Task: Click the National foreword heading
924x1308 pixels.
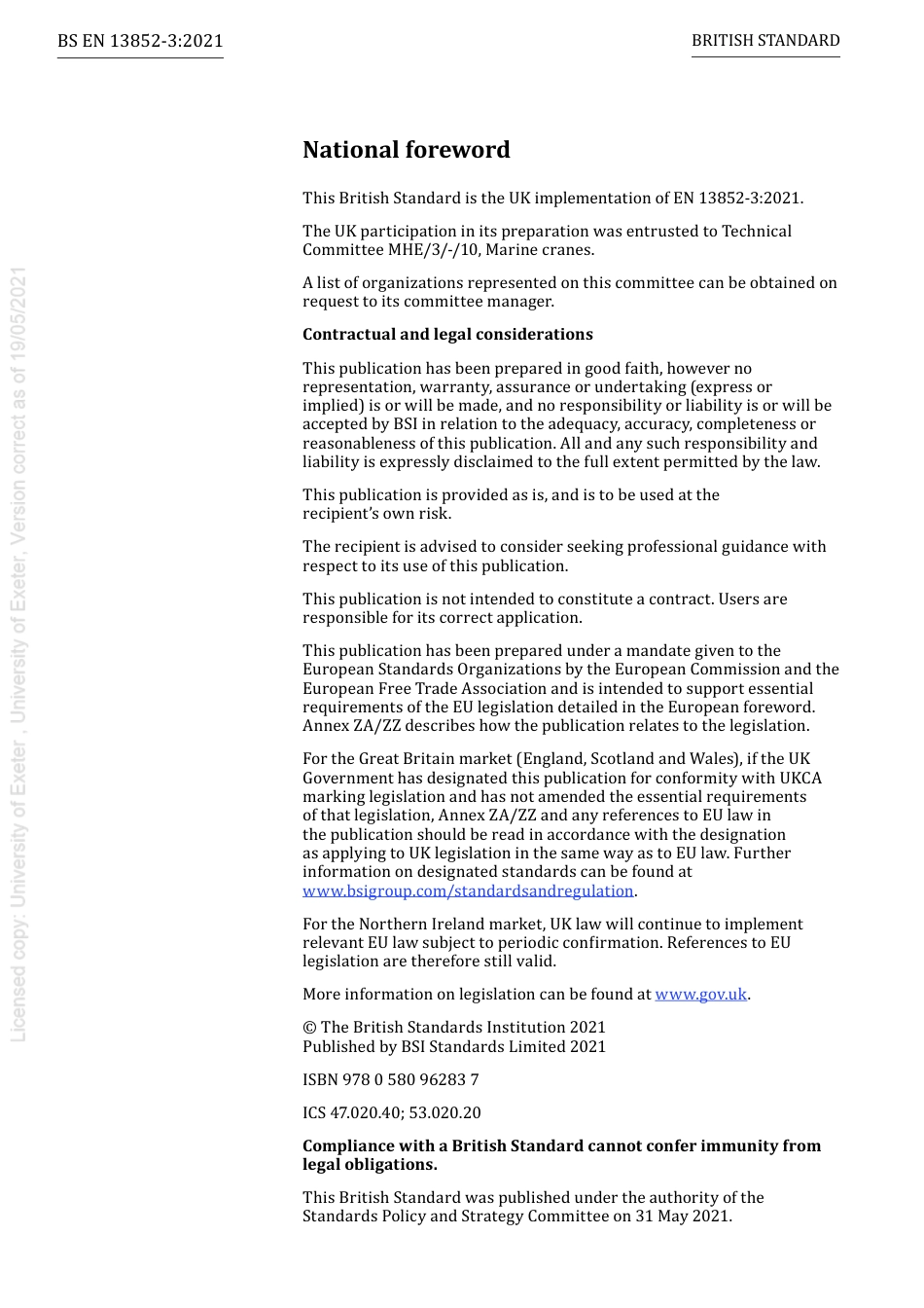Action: click(406, 150)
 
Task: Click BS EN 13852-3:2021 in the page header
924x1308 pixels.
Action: click(140, 41)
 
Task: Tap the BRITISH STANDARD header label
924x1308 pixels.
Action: click(765, 41)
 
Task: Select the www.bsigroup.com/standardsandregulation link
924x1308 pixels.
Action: click(468, 890)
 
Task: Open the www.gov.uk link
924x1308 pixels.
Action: click(700, 994)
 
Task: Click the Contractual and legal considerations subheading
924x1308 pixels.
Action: click(447, 335)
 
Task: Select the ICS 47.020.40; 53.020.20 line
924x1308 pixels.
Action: click(391, 1112)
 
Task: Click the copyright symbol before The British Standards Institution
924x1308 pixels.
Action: click(309, 1028)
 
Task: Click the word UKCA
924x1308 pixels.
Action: click(800, 778)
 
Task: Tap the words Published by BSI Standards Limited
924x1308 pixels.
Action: click(431, 1047)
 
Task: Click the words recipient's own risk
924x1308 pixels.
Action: click(376, 514)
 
